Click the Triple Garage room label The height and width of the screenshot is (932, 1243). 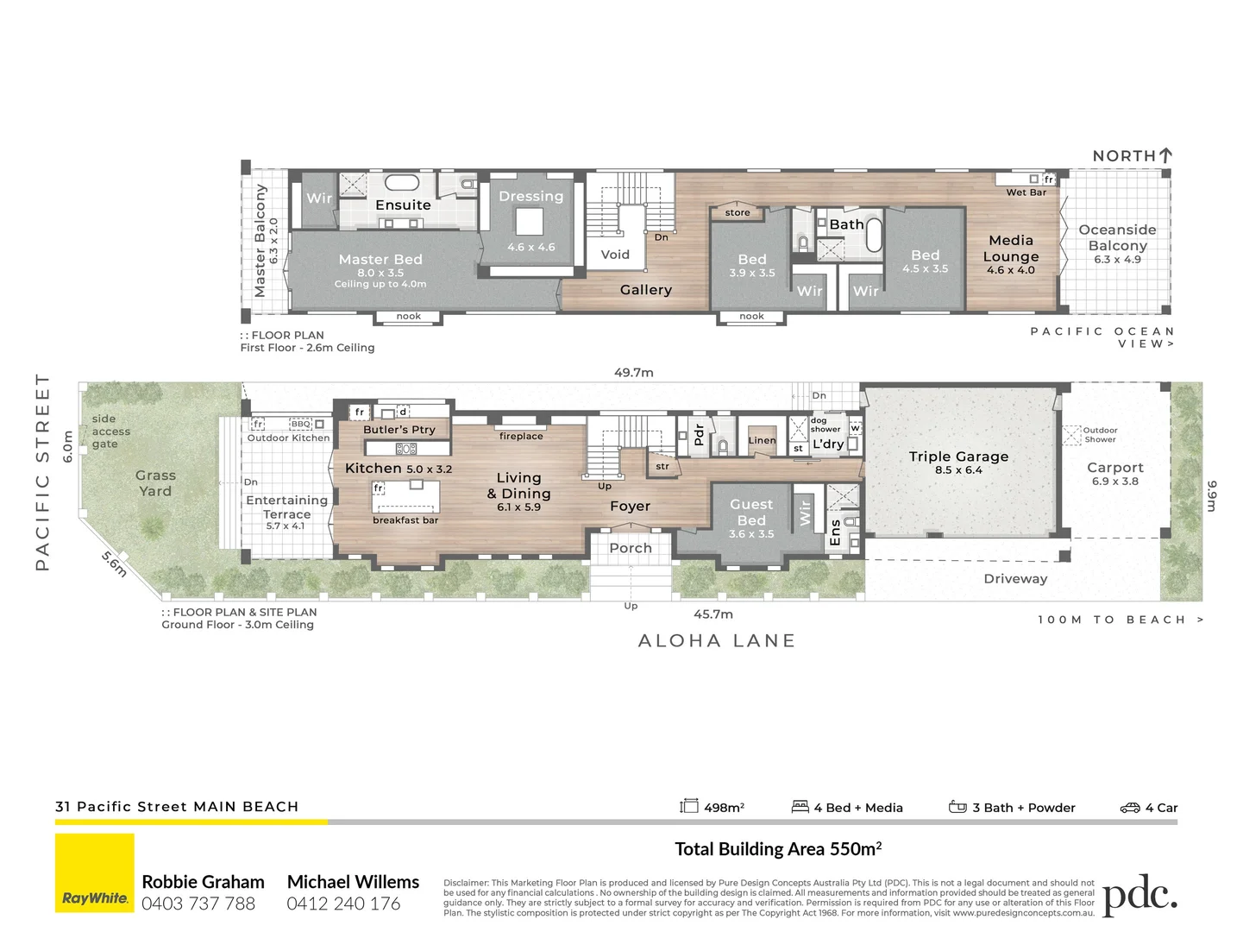(x=958, y=457)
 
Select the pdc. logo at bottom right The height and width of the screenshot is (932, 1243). (x=1139, y=897)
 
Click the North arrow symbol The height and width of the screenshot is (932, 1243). (x=1166, y=155)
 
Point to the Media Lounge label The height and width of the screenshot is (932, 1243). (x=1011, y=249)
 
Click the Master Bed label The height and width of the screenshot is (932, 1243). (x=380, y=259)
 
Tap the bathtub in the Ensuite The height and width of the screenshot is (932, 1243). (x=401, y=183)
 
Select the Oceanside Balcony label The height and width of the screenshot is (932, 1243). (x=1117, y=237)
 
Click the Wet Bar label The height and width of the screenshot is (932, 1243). (x=1026, y=192)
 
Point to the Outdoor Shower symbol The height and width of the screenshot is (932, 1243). (x=1071, y=435)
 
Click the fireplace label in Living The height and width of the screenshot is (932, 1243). (x=521, y=437)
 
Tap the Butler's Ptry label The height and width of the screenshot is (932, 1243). (x=399, y=430)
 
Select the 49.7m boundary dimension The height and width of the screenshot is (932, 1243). (x=633, y=373)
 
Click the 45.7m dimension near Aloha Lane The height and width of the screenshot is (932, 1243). (x=713, y=614)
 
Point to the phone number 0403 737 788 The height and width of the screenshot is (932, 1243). (x=198, y=904)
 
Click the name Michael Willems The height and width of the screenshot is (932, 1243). (x=353, y=882)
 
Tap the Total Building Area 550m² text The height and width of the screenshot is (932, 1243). (x=777, y=849)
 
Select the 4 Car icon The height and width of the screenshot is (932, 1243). (x=1130, y=808)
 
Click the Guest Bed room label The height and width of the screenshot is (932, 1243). (x=751, y=513)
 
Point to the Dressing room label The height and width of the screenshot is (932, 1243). (x=530, y=197)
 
